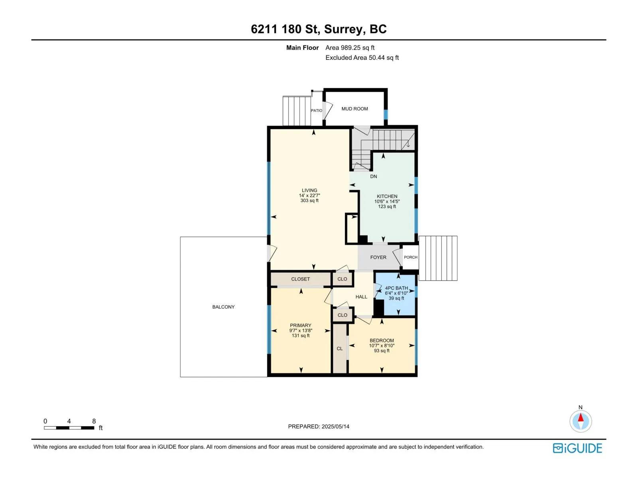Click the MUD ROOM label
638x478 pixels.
[x=354, y=109]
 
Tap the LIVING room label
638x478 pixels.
[x=309, y=190]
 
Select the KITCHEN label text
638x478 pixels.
[x=387, y=196]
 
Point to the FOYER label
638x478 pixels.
[x=378, y=257]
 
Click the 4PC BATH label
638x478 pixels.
[x=396, y=288]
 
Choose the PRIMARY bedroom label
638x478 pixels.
[x=301, y=325]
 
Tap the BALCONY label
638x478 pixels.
[x=223, y=307]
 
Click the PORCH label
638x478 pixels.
[x=410, y=257]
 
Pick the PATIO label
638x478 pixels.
[x=317, y=111]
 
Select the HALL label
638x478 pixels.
[x=361, y=297]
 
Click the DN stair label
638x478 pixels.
[x=374, y=176]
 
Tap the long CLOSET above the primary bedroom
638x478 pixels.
[x=301, y=279]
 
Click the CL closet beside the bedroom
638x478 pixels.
[x=339, y=348]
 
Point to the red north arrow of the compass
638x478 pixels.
[x=581, y=417]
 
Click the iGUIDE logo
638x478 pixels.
[x=577, y=448]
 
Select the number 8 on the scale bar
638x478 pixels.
[x=94, y=421]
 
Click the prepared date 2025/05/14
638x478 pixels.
[x=335, y=427]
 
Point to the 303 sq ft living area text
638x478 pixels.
[x=309, y=200]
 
